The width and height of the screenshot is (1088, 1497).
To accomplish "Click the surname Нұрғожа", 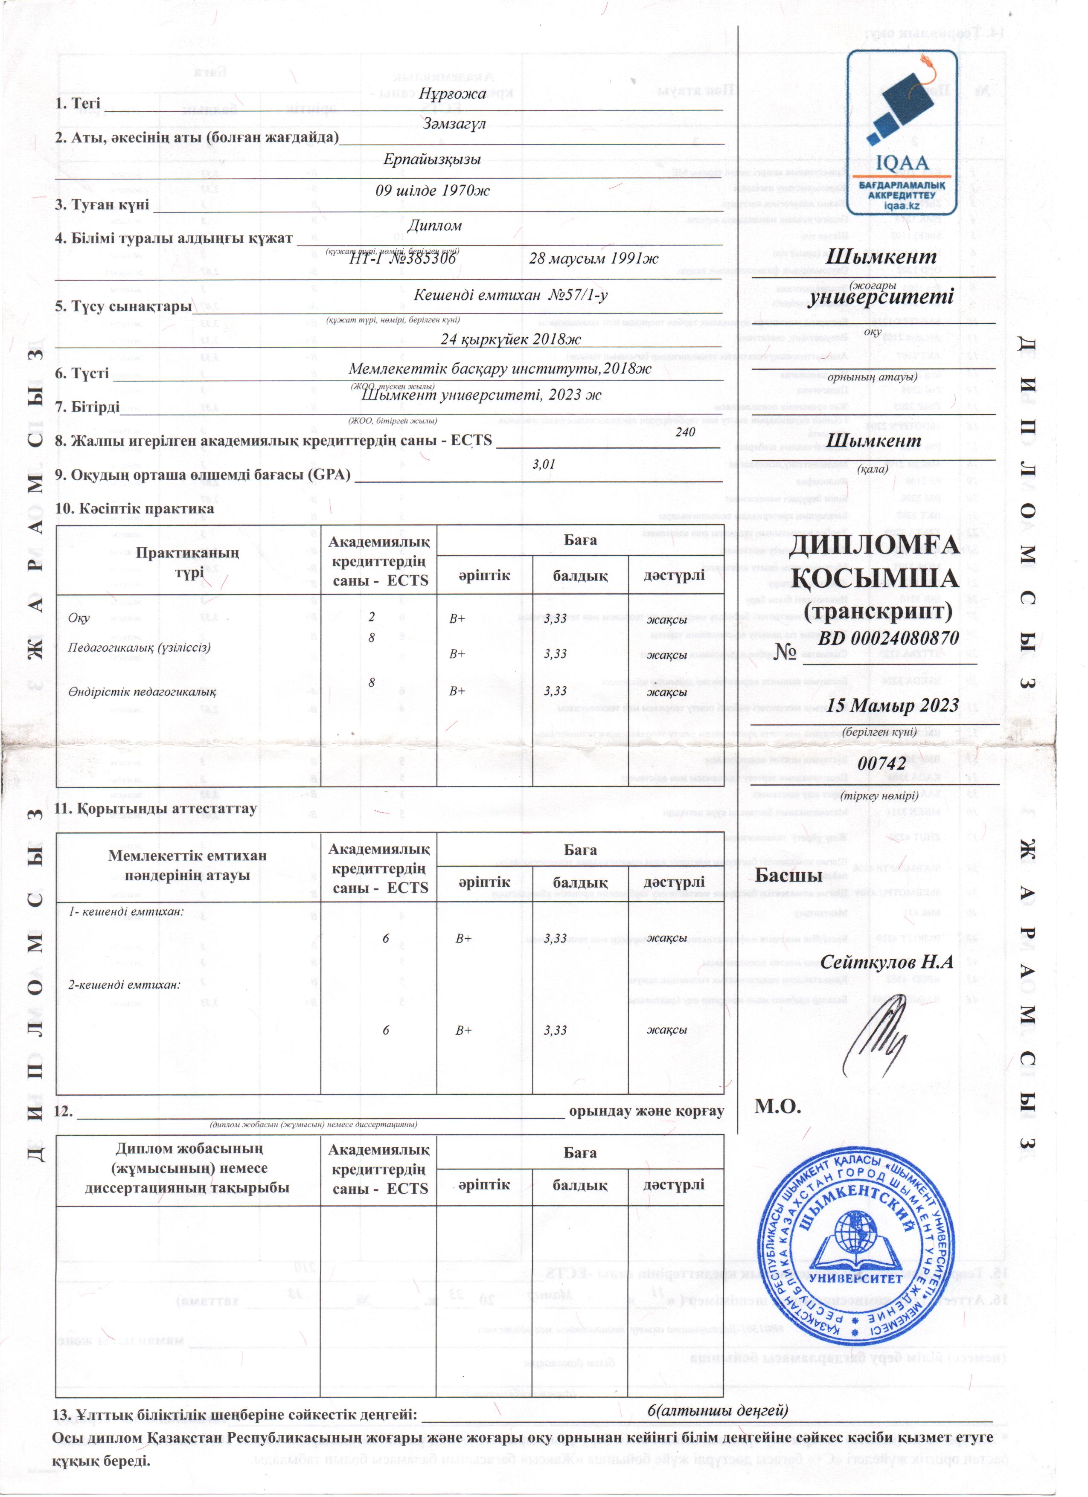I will point(452,94).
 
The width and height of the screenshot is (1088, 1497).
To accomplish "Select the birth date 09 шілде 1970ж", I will point(433,191).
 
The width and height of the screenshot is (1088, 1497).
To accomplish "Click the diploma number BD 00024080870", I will point(888,638).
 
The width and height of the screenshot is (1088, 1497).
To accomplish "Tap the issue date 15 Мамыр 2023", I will point(893,705).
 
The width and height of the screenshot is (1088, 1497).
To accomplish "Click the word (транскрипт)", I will point(878,612).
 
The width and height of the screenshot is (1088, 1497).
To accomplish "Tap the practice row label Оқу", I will point(79,618).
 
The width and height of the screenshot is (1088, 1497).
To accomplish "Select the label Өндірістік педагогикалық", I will point(142,692).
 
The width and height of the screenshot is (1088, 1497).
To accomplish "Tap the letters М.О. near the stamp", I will point(778,1106).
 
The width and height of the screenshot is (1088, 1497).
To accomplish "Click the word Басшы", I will point(788,876).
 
